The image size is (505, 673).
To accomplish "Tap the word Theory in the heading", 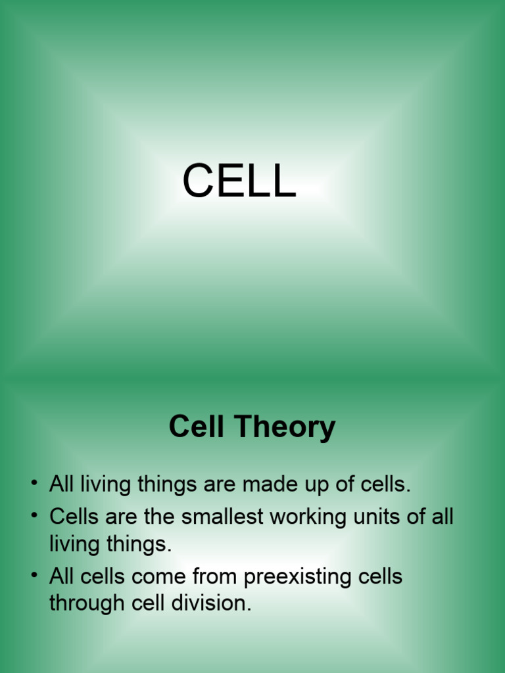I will point(286,428).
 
